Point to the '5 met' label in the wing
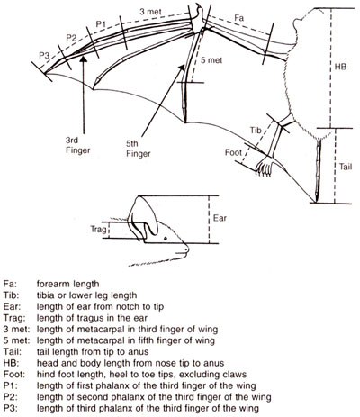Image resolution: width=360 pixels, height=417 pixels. pos(211,86)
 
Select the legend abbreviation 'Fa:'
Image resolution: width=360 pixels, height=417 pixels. pos(11,283)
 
